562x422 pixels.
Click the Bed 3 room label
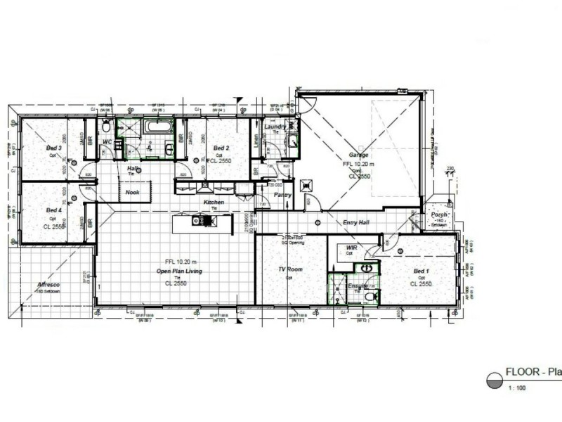coord(54,148)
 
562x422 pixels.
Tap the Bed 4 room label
coord(54,210)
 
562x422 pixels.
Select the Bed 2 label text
coord(221,148)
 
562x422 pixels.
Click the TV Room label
coord(289,270)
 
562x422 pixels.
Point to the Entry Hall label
coord(356,223)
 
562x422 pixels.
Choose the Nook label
coord(133,192)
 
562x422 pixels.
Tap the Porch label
coord(440,215)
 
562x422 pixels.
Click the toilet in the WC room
coord(105,127)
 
